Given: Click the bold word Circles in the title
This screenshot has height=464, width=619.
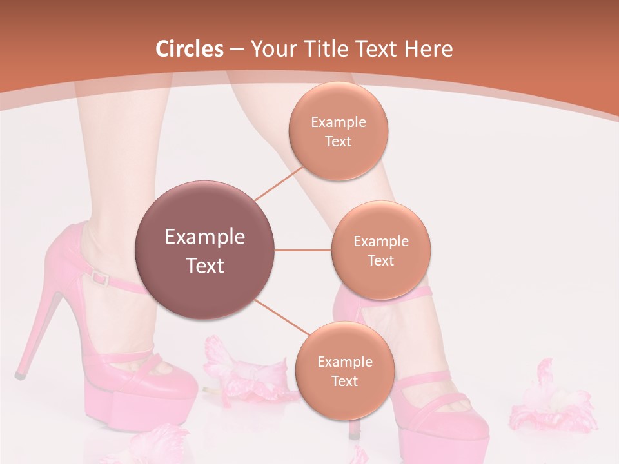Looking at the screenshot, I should pos(190,49).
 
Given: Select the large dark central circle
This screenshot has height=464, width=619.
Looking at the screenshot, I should pos(204,250).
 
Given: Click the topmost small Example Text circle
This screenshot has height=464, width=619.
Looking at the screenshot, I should pos(338,131).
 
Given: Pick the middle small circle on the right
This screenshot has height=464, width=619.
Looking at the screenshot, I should pos(380,250).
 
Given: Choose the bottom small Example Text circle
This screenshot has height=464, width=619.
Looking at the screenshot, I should pos(344,371).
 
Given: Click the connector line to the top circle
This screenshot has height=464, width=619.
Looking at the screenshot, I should pos(279,184).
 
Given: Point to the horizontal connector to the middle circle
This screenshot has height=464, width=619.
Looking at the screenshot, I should pos(303,250).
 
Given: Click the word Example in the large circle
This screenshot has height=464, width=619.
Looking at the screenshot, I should pos(204,237).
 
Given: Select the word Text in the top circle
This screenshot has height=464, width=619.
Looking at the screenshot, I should pos(338,141).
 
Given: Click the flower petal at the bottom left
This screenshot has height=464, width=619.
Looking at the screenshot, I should pos(155,445).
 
